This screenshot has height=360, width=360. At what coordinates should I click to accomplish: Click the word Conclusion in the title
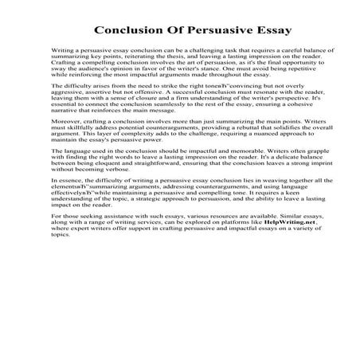(131, 32)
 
